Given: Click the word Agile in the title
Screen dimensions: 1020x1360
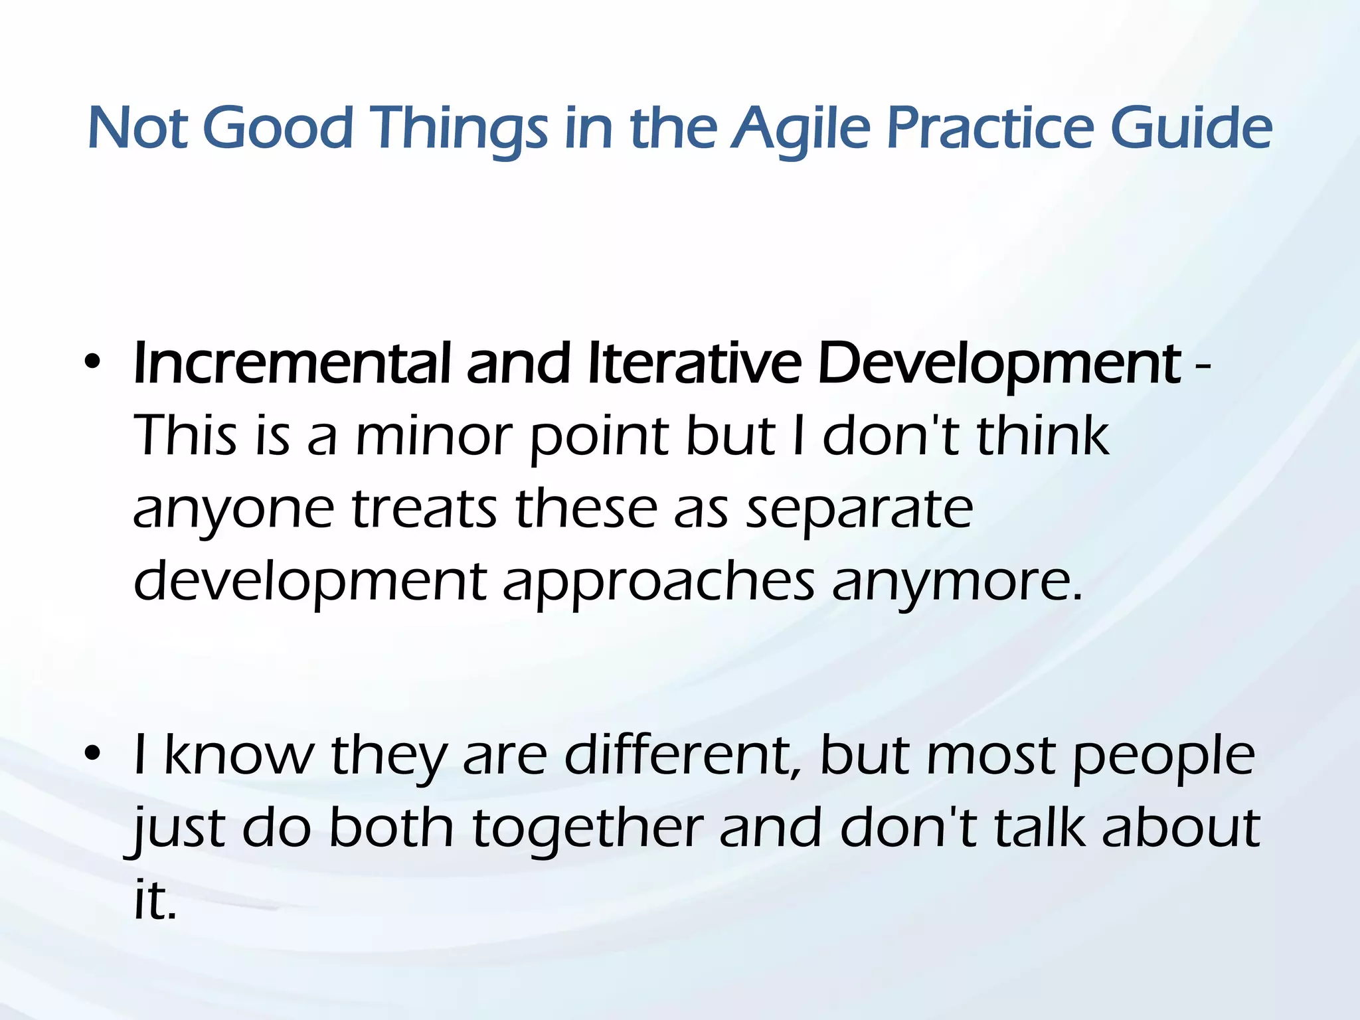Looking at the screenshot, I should (800, 127).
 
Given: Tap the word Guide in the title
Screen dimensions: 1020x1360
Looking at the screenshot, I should (1191, 127).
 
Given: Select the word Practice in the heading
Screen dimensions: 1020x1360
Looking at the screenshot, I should (989, 127).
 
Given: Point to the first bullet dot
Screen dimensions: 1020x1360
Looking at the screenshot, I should (92, 363).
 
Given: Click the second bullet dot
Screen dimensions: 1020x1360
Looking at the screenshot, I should (92, 754).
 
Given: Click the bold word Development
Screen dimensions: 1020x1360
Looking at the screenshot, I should (999, 365).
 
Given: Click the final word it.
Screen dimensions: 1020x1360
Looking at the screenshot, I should (154, 900).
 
